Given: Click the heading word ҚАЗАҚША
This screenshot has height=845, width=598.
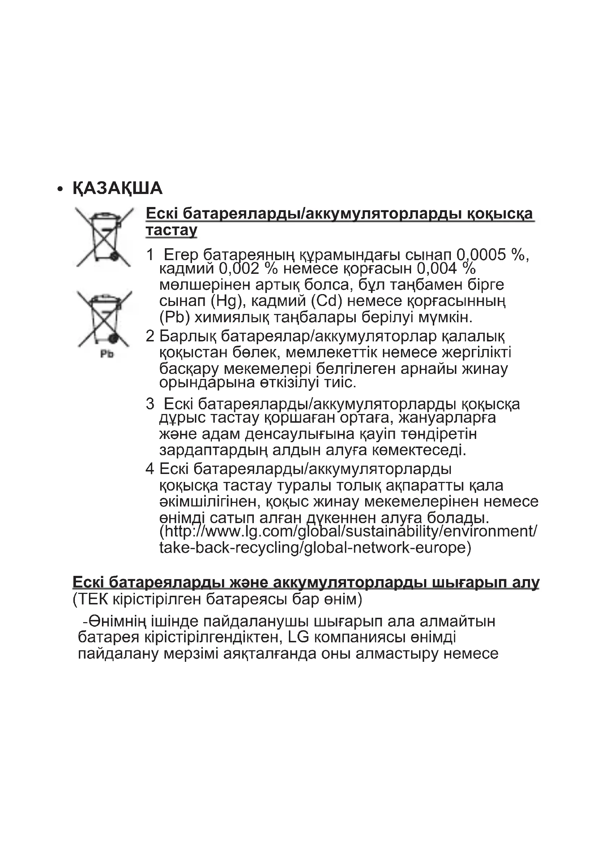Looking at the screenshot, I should [118, 189].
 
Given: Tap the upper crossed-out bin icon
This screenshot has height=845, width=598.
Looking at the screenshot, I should [104, 237].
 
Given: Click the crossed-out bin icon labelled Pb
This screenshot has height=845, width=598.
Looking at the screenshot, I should [104, 319].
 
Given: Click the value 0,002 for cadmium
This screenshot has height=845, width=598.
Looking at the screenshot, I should [239, 269].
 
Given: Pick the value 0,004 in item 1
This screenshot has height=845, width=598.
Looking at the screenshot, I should [437, 269].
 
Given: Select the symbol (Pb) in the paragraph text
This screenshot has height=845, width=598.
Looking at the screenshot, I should [175, 317].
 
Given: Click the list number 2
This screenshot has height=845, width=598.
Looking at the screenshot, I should [150, 336].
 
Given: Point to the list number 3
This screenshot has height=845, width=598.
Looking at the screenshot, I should [150, 404].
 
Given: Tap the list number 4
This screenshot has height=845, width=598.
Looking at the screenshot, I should [150, 469].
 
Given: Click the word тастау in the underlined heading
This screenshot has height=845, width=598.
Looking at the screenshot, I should [172, 230].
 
